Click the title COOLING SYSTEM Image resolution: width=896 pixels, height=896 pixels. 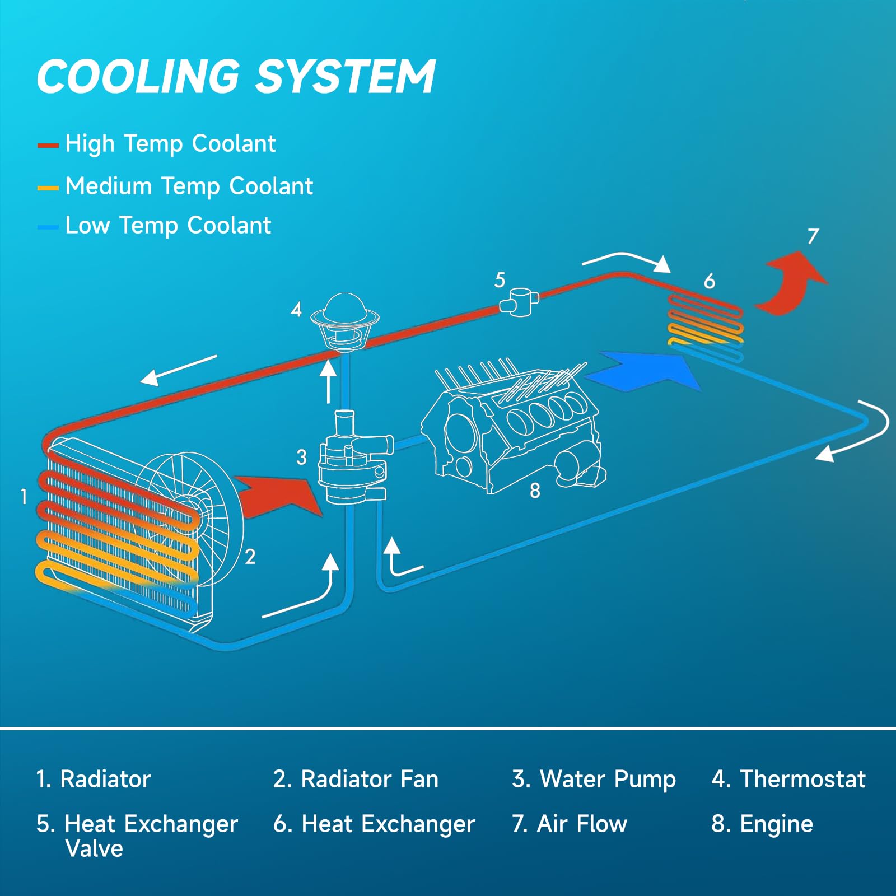[236, 77]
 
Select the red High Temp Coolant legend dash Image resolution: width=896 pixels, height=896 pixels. [48, 146]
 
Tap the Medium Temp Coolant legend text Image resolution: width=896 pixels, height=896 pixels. [189, 186]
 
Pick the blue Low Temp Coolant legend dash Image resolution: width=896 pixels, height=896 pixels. [48, 227]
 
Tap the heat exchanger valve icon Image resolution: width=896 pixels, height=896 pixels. [519, 302]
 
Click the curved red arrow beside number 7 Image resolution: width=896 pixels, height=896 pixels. [791, 283]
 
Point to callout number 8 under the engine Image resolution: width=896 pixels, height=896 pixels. [535, 491]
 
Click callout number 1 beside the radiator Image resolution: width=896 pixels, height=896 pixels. [24, 496]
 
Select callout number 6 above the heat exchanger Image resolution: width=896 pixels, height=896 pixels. [709, 281]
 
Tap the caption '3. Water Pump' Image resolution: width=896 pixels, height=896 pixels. [594, 780]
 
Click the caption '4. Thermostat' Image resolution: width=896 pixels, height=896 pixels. [788, 779]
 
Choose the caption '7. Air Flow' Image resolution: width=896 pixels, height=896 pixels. [570, 824]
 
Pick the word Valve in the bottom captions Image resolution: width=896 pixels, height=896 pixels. [94, 848]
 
